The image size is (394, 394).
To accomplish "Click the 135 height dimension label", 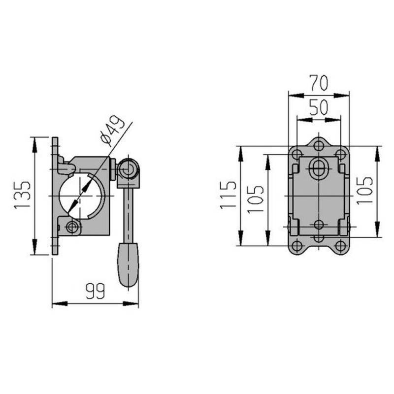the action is click(23, 195).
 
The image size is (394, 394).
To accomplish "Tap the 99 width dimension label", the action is click(95, 291).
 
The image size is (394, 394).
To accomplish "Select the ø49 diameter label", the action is click(112, 131).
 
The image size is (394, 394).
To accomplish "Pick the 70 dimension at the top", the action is click(319, 82).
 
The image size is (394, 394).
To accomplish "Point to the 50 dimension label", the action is click(319, 107).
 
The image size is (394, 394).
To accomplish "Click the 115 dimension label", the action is click(228, 195).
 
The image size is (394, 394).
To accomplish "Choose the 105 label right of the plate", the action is click(364, 191).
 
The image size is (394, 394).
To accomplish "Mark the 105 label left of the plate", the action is click(256, 200).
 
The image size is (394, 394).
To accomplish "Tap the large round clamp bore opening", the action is click(80, 196).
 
